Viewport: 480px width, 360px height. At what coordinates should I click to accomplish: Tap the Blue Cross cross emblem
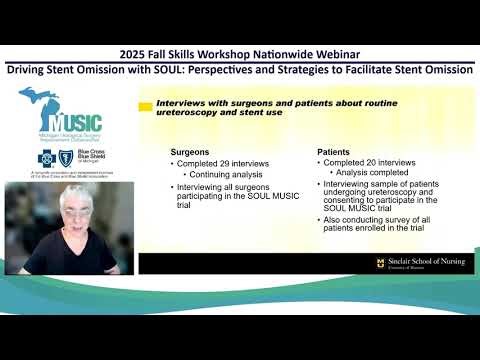47,158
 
